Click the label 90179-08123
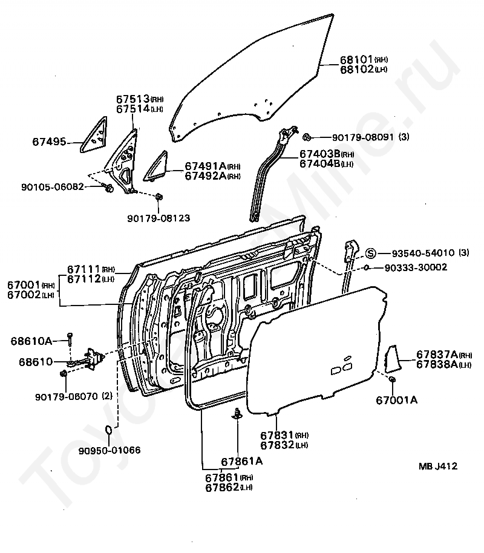pos(159,217)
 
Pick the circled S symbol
pos(371,252)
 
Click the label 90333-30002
pos(414,267)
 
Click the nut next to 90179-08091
pos(307,136)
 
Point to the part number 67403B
pos(319,154)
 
